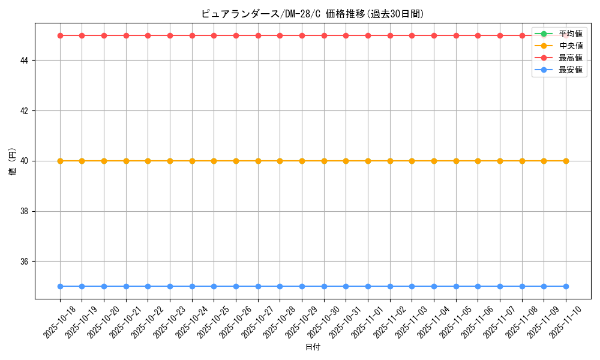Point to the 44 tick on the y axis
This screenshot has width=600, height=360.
26,61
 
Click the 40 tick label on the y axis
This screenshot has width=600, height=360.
26,161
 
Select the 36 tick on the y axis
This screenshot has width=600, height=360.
26,262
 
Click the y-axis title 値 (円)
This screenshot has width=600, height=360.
12,161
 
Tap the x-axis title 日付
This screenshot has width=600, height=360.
313,347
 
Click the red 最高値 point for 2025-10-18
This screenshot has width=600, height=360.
60,35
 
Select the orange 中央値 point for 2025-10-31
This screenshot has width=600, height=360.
346,161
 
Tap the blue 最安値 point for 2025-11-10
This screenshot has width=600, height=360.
566,286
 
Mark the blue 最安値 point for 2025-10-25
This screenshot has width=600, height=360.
214,286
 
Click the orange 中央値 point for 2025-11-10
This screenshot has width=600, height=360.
566,161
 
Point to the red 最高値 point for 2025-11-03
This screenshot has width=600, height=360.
412,35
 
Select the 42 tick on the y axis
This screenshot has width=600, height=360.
26,111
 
